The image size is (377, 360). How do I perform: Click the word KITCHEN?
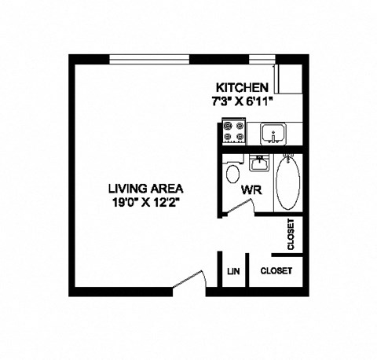pos(243,88)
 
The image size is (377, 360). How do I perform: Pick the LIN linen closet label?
pos(233,270)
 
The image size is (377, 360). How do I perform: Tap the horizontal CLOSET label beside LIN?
pos(276,270)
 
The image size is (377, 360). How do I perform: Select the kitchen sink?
pos(273,134)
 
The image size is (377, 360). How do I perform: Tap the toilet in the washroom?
pos(232,174)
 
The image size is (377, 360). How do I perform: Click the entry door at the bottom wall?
pos(188,282)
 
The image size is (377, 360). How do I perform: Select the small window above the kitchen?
pos(260,58)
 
